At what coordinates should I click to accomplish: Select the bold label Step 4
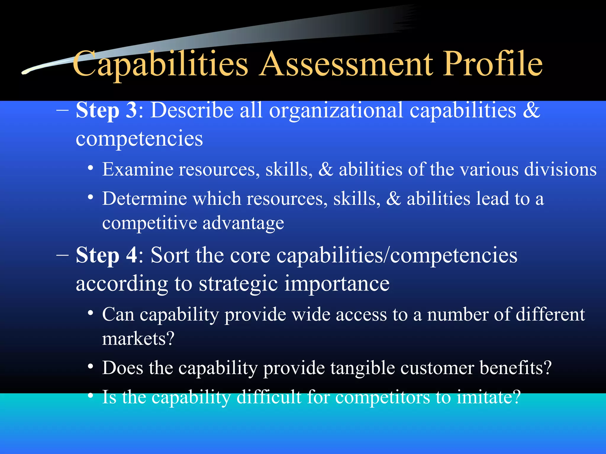[107, 255]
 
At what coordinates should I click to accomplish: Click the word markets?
[138, 339]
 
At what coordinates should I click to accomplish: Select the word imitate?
[489, 397]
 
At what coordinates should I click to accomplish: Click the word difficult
[269, 397]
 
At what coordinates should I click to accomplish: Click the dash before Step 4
[62, 255]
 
